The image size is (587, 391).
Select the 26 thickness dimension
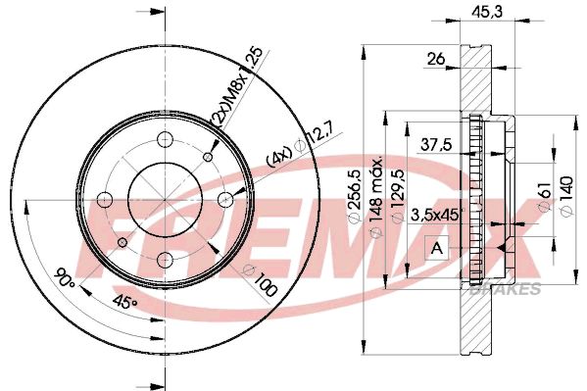coord(436,59)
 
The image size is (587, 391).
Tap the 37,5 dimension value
coord(436,144)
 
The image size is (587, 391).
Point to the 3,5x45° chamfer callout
coord(435,215)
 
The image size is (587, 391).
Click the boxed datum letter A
coord(436,248)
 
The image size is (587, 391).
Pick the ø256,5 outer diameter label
coord(355,196)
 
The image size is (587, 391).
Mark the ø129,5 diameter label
coord(398,196)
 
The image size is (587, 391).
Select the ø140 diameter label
coord(566,196)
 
